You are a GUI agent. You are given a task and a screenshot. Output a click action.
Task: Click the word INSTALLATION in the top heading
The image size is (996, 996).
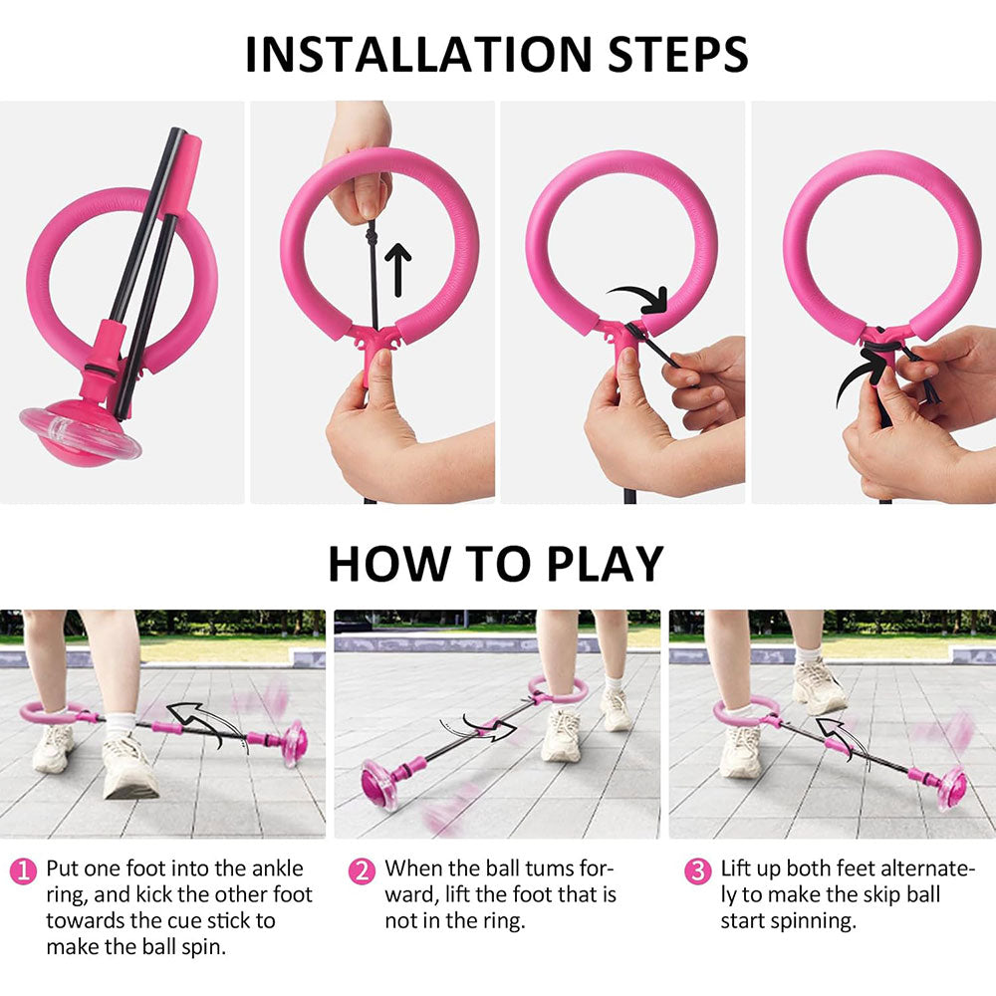[418, 54]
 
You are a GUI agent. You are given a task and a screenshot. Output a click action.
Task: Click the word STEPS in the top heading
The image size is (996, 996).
[678, 54]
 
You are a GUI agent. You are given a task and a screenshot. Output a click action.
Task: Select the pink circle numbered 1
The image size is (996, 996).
[23, 871]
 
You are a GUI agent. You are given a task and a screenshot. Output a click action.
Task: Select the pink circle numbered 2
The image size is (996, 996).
[362, 871]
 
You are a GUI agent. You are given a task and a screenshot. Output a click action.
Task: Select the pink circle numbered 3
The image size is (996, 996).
[697, 871]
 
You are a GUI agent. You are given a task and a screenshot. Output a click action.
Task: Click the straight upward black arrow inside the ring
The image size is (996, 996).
[398, 270]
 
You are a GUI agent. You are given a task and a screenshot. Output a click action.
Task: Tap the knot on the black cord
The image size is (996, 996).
[372, 238]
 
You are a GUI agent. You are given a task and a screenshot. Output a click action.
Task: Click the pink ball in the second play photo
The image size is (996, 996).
[379, 784]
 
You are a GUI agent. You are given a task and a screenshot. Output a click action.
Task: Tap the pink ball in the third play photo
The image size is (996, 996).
[951, 788]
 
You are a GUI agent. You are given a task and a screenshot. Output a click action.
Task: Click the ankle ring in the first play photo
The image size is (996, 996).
[51, 713]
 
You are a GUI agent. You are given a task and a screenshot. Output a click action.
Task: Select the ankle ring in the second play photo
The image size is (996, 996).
[559, 689]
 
